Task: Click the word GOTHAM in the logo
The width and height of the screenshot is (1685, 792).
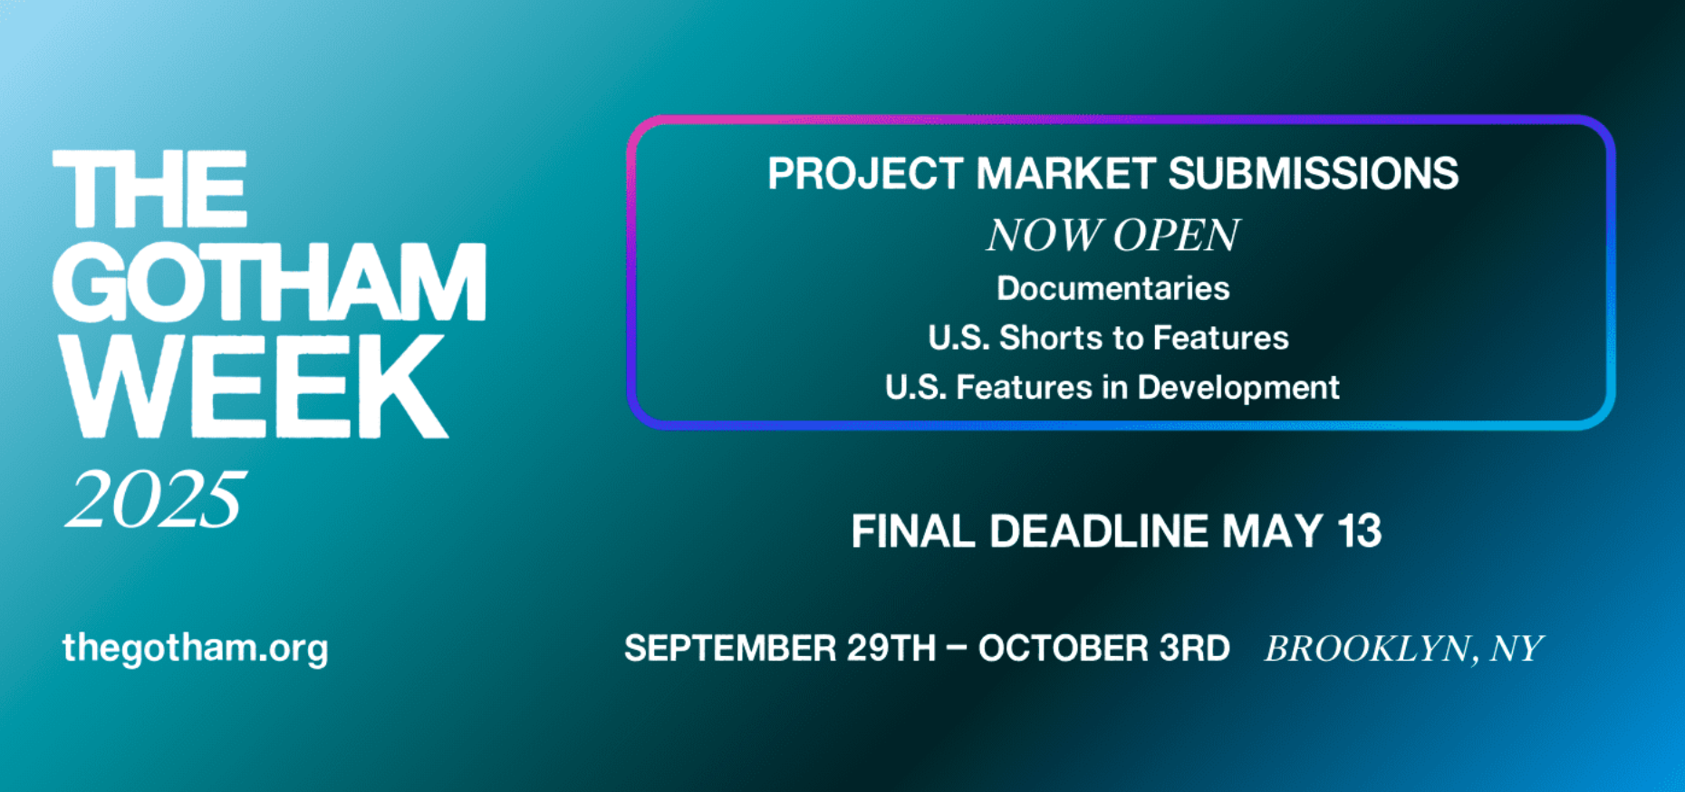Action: click(x=269, y=281)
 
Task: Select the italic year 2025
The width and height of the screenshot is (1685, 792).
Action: click(x=155, y=499)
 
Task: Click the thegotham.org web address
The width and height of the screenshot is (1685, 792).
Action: click(x=196, y=649)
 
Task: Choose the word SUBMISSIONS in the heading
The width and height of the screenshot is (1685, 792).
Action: click(x=1314, y=173)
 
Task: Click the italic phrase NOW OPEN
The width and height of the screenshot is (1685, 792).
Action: click(x=1112, y=236)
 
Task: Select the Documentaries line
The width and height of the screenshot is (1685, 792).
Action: click(x=1113, y=288)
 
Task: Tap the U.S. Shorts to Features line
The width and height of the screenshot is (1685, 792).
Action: click(x=1108, y=338)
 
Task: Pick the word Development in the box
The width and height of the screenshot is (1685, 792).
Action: click(x=1238, y=388)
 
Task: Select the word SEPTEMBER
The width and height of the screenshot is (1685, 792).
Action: click(x=730, y=649)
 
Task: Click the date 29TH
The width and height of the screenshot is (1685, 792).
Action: click(x=891, y=649)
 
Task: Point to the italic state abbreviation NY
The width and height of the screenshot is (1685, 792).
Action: click(x=1516, y=649)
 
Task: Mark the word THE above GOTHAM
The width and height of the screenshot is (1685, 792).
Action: click(x=149, y=188)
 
